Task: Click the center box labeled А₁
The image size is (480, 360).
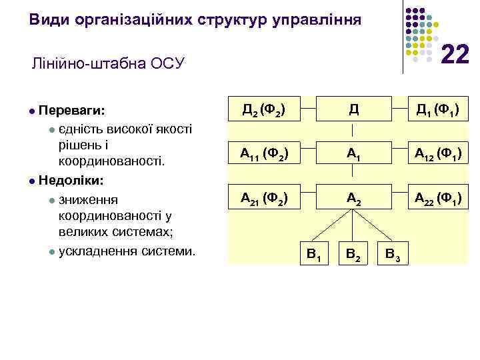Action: (x=352, y=154)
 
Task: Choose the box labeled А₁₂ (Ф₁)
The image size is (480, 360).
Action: (x=439, y=154)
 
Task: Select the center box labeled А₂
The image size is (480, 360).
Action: (x=352, y=198)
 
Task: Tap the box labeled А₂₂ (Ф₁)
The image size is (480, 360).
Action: (x=439, y=198)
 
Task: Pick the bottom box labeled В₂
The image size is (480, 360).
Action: (x=352, y=253)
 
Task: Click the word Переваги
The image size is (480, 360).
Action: (x=75, y=109)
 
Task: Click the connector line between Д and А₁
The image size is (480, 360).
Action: (x=352, y=131)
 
